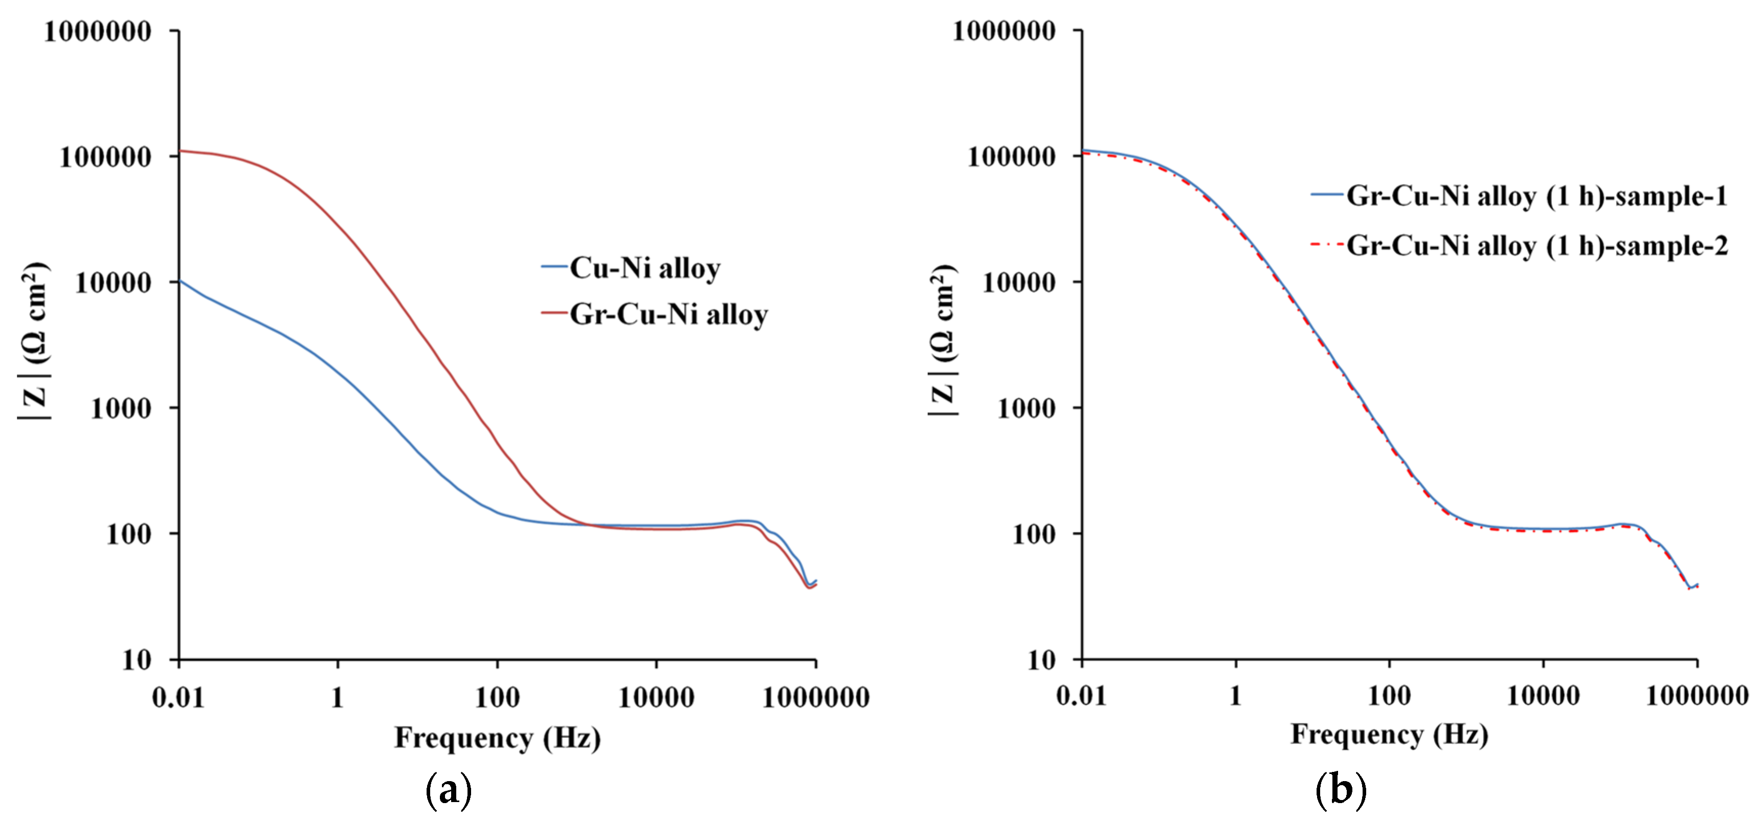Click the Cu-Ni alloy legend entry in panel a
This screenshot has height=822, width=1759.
tap(644, 268)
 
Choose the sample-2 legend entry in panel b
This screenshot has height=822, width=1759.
tap(1537, 246)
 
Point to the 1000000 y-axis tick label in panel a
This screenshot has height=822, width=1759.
tap(98, 31)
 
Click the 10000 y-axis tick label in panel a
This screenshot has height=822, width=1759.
tap(113, 283)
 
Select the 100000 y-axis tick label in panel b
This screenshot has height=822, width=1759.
tap(1011, 157)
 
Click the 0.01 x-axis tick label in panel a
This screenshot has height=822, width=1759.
tap(178, 698)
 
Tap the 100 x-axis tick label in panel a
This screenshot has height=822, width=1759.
tap(497, 698)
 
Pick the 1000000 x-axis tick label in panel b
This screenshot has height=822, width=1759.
tap(1697, 696)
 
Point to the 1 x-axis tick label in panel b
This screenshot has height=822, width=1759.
tap(1235, 696)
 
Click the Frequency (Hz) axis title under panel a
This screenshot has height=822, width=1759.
tap(497, 738)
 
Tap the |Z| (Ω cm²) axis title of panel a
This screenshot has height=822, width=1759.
tap(34, 341)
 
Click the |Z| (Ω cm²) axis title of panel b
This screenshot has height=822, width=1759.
tap(943, 341)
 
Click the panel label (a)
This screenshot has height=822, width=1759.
tap(449, 791)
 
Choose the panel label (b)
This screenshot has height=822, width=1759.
tap(1341, 791)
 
